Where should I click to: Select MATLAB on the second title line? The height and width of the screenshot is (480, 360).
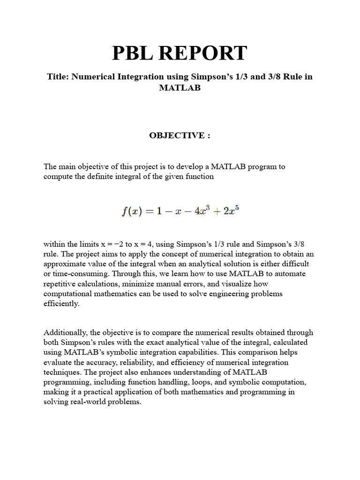[x=180, y=88]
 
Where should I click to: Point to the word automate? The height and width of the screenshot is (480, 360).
[x=290, y=273]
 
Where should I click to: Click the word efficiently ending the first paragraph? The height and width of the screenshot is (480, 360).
[x=62, y=303]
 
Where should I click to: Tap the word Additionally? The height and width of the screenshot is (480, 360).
[x=63, y=332]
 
